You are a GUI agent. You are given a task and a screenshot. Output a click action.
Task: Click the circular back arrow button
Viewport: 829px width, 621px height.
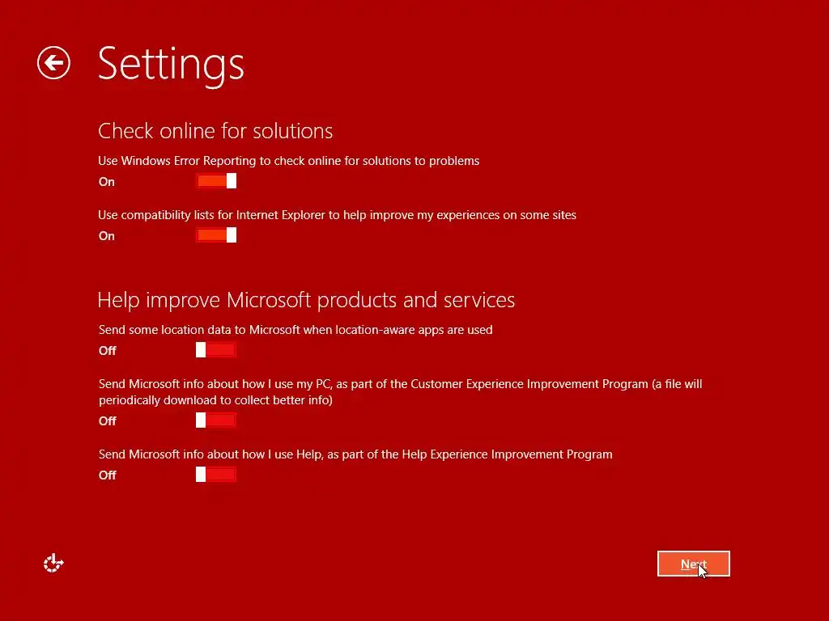click(x=53, y=63)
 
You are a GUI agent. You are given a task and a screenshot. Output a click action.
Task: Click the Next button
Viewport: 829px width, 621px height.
click(x=693, y=564)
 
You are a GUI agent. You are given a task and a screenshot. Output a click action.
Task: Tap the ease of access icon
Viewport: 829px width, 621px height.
click(x=53, y=564)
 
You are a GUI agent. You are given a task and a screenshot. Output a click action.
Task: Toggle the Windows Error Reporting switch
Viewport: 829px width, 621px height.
click(x=216, y=180)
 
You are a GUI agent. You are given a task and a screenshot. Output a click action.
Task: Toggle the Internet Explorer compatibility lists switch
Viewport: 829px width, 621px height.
click(x=216, y=235)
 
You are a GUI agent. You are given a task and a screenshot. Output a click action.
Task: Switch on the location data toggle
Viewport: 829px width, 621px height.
click(x=215, y=349)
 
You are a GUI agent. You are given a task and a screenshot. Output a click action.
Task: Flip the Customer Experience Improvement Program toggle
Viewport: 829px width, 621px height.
click(x=215, y=420)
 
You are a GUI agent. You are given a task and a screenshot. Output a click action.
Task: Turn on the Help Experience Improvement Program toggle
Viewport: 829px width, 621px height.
click(x=215, y=474)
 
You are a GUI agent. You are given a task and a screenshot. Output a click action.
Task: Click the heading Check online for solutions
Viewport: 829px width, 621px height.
click(x=215, y=131)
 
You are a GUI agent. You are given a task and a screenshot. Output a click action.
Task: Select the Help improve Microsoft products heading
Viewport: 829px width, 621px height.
click(x=306, y=300)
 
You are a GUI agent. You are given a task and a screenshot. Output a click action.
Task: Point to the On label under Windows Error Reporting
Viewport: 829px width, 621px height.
click(x=107, y=182)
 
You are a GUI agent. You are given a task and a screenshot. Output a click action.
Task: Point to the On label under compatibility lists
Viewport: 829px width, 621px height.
click(x=107, y=236)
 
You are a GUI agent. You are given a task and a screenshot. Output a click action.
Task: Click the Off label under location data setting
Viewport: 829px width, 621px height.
click(x=108, y=351)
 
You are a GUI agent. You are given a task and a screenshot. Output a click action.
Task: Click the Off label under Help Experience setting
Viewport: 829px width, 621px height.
click(x=108, y=475)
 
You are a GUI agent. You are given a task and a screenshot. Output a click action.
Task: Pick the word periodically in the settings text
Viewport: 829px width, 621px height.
click(x=129, y=400)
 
